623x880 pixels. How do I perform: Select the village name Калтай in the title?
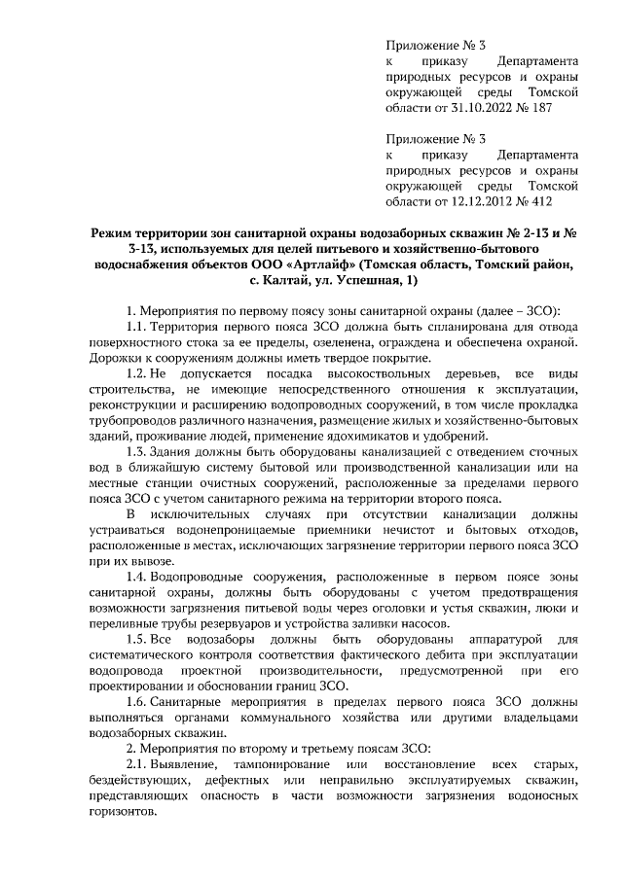pyautogui.click(x=291, y=281)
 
